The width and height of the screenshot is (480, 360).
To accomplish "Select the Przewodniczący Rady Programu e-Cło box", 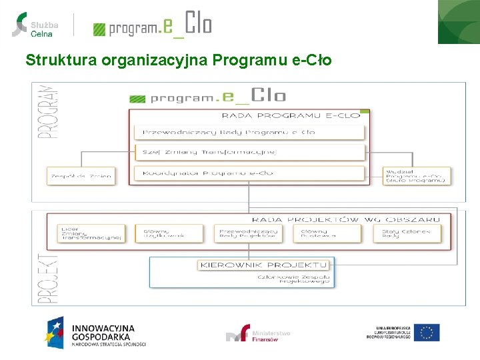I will [x=249, y=132].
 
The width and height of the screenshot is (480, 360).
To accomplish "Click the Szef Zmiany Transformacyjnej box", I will [x=249, y=152].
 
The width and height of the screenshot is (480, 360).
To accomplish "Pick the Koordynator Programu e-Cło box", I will [x=249, y=173].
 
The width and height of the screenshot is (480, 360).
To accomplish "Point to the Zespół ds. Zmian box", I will [x=81, y=176].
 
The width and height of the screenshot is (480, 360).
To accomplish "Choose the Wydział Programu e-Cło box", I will [x=417, y=176].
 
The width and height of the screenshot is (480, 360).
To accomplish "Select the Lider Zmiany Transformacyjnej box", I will [x=91, y=233].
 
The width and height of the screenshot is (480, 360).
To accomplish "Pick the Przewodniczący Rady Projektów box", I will [x=249, y=233].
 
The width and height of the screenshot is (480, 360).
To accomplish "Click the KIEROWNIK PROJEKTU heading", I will [x=264, y=265].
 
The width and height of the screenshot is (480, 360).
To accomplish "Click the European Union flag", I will [x=427, y=332].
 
